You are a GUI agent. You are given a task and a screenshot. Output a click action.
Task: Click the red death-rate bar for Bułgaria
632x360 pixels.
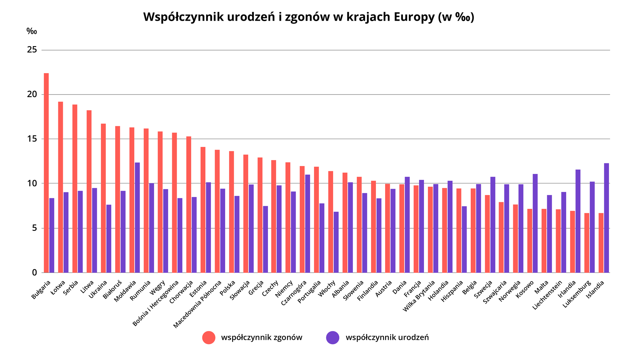point(46,173)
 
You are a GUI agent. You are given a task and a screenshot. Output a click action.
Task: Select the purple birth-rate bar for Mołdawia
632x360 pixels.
point(137,217)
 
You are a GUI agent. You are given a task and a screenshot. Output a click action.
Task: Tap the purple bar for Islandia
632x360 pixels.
point(606,218)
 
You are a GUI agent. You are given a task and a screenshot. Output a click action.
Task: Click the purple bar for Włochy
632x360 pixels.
point(336,242)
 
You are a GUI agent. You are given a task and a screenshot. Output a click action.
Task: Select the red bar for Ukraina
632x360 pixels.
point(103,198)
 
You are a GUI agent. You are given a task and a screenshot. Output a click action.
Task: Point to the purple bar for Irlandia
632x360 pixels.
point(578,221)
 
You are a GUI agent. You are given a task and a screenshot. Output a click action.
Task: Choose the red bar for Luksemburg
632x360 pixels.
point(587,243)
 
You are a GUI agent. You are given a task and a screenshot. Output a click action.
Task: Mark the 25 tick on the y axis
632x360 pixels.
point(32,50)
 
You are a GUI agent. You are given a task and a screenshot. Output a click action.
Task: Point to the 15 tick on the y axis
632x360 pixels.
point(32,139)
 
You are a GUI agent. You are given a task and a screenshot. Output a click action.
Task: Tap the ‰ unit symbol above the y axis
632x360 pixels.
point(32,32)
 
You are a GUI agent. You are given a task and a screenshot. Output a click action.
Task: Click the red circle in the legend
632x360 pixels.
point(209,338)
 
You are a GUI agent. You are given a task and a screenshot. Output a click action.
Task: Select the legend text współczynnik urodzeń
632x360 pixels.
point(387,338)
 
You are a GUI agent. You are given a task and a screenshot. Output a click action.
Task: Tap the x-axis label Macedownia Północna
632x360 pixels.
point(197,304)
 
